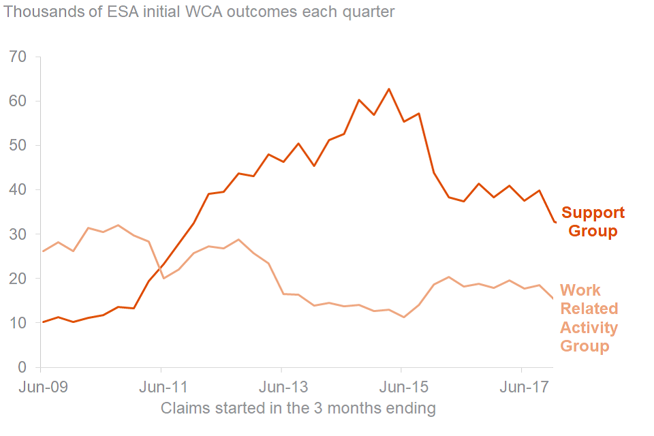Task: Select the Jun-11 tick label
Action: pyautogui.click(x=161, y=388)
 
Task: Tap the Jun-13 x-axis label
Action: pyautogui.click(x=281, y=388)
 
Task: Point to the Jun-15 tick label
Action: pyautogui.click(x=401, y=388)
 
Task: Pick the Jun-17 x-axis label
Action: pyautogui.click(x=522, y=388)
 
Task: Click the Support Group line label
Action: pyautogui.click(x=593, y=222)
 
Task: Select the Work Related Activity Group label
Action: pyautogui.click(x=589, y=318)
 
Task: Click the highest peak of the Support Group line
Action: pyautogui.click(x=389, y=89)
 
